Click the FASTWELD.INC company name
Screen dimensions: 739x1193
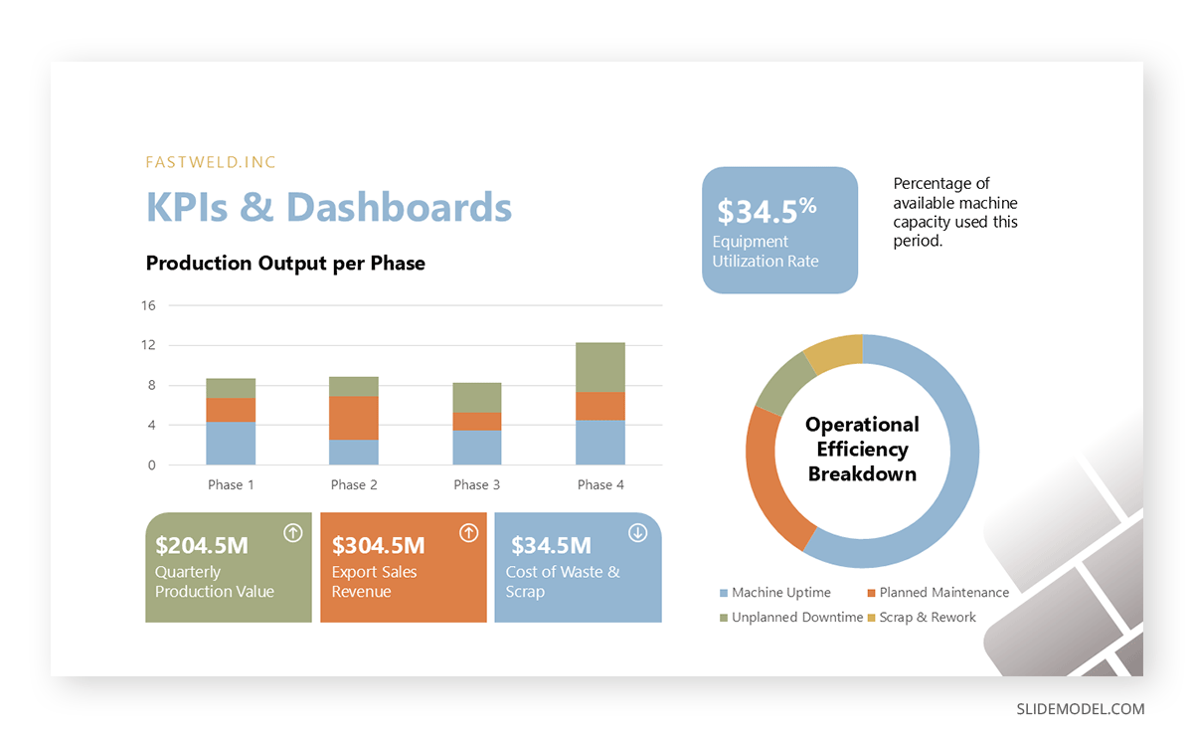coord(211,162)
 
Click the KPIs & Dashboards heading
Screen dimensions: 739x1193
coord(329,207)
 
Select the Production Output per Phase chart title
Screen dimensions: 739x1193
coord(285,264)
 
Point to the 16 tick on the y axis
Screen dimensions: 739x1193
coord(148,305)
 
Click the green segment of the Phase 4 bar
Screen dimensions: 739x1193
coord(600,367)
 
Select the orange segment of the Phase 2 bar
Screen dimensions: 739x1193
coord(354,418)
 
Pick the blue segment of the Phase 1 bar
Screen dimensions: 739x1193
coord(231,444)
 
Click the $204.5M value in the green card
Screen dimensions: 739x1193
coord(202,545)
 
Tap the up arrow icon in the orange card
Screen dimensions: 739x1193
coord(468,533)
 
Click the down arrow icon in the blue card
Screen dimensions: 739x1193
coord(638,533)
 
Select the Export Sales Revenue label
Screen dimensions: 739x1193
coord(375,582)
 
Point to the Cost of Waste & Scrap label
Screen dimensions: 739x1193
coord(562,582)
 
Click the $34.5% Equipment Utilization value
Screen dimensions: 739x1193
coord(767,211)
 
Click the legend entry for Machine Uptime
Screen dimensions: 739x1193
coord(780,593)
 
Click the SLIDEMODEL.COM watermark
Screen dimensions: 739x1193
coord(1080,709)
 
